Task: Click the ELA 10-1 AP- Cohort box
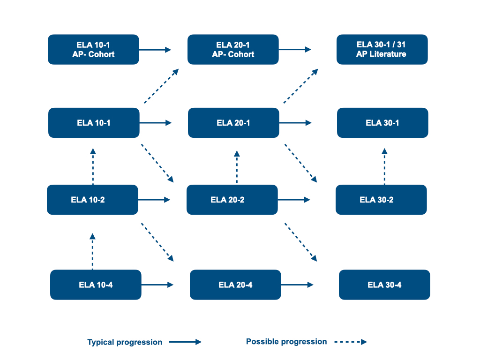tap(94, 49)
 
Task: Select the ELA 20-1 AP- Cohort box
tap(233, 49)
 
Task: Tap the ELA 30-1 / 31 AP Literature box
tap(382, 49)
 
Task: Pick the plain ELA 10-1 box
tap(94, 123)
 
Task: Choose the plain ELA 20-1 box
tap(233, 123)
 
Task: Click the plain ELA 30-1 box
tap(382, 123)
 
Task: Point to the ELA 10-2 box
tap(92, 200)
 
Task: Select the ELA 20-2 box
tap(232, 200)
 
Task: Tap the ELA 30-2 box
tap(381, 200)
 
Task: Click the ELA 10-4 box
tap(96, 285)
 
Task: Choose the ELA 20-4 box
tap(235, 285)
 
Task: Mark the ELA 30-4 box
tap(384, 285)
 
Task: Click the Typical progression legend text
tap(125, 342)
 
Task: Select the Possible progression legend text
tap(286, 342)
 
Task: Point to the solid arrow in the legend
tap(185, 342)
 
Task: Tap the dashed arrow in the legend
tap(351, 342)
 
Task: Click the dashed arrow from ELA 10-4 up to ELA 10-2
tap(93, 251)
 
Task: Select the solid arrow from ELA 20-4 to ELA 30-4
tap(297, 285)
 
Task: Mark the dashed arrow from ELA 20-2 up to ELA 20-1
tap(237, 167)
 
